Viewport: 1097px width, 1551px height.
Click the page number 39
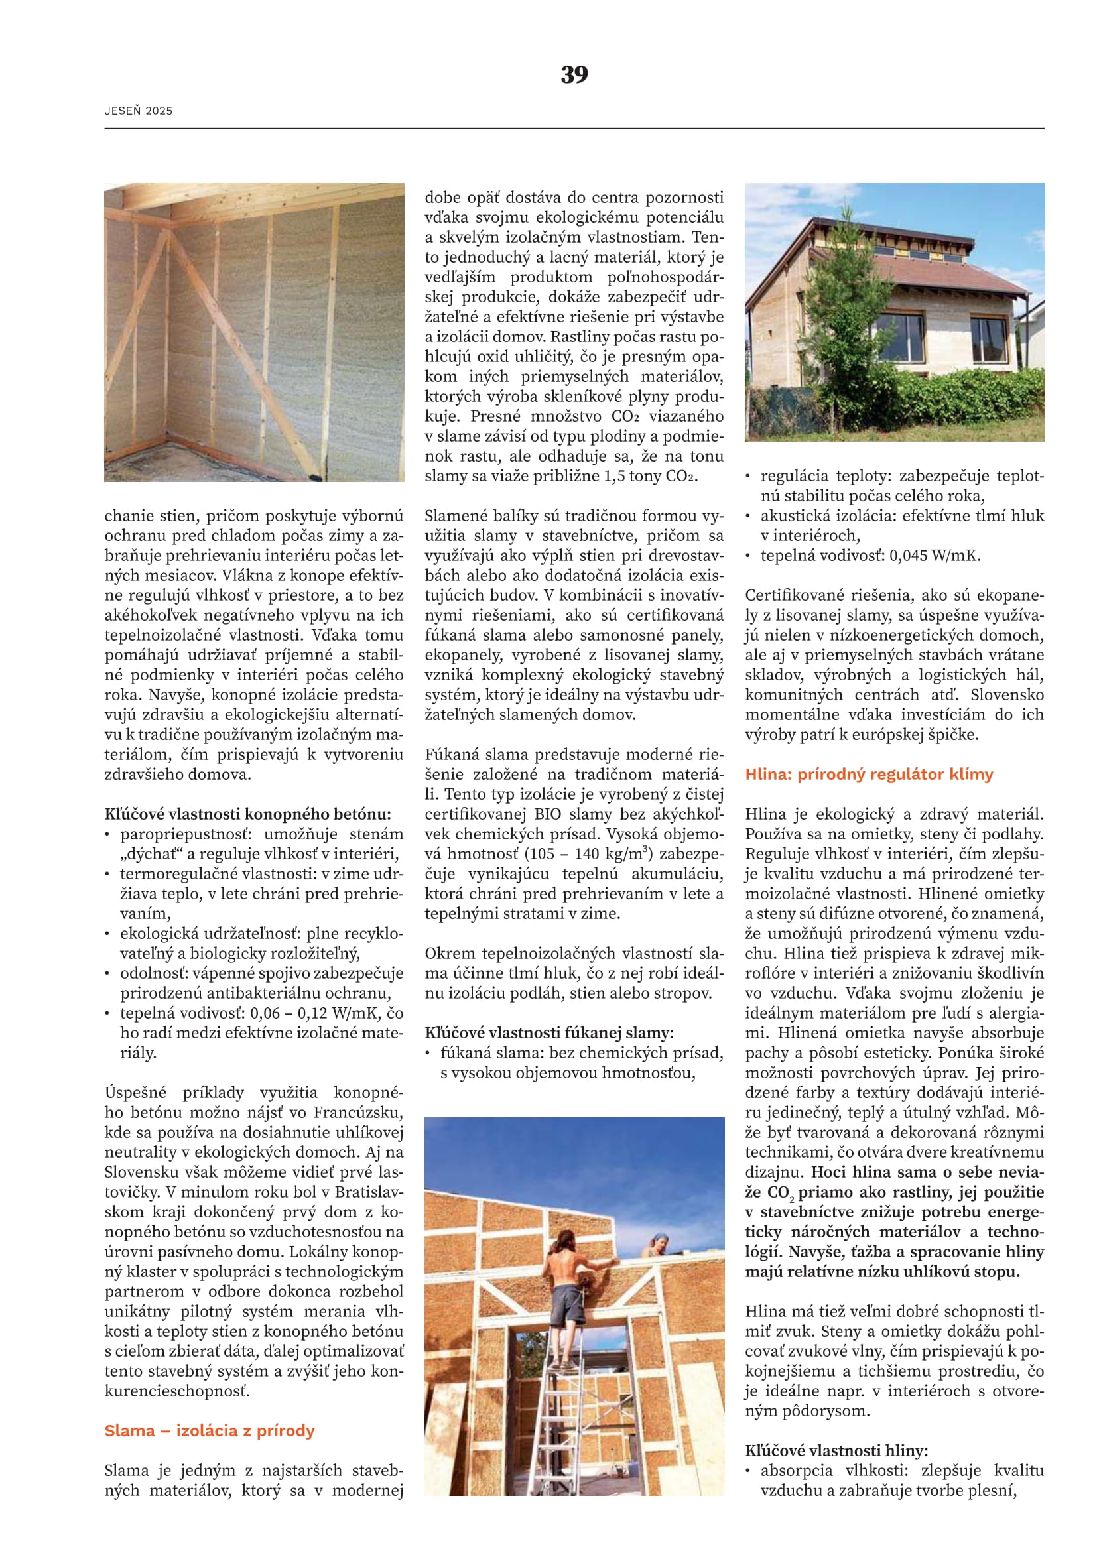(574, 74)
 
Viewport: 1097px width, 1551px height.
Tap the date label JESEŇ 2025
(139, 111)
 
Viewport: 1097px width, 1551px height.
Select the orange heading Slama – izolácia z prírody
(210, 1430)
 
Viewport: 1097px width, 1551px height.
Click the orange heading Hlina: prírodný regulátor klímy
(869, 774)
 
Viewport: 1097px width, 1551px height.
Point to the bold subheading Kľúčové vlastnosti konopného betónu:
(247, 814)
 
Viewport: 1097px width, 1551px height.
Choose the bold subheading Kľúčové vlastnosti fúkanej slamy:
(549, 1033)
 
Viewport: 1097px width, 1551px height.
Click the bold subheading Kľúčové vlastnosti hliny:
(836, 1450)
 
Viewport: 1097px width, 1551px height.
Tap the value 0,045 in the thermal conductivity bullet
(909, 556)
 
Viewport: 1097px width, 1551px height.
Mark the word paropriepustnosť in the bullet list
(186, 834)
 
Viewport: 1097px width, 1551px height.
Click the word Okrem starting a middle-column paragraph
(448, 953)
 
